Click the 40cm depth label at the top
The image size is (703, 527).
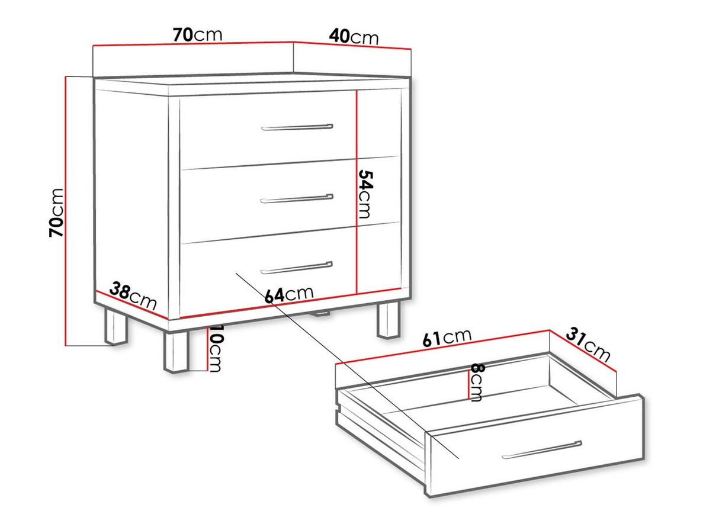pos(354,37)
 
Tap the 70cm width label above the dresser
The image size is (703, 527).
pos(198,34)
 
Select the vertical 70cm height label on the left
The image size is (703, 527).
pos(57,213)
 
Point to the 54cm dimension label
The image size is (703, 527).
pos(365,194)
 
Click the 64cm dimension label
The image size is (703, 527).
pos(288,294)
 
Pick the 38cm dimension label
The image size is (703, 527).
pos(133,295)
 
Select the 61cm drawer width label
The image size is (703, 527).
pos(447,337)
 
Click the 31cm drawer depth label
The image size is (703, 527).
pos(588,344)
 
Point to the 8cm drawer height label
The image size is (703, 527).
pos(476,383)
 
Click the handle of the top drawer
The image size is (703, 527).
pos(297,127)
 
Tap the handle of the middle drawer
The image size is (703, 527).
pos(297,198)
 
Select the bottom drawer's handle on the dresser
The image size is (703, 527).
pos(297,268)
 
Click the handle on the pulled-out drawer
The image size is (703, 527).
pos(541,450)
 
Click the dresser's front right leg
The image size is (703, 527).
pos(388,320)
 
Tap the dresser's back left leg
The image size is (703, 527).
pos(116,326)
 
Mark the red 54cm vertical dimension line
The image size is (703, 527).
pos(357,192)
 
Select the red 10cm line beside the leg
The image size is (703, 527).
pos(207,349)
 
